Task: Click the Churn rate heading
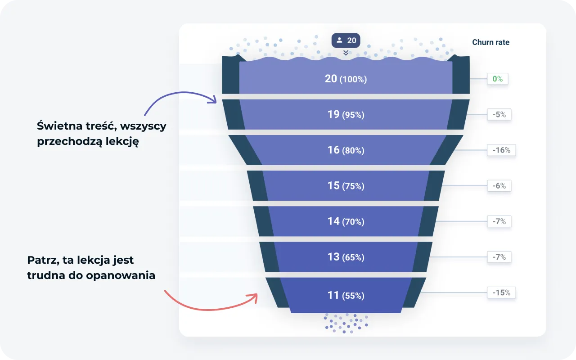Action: pos(490,42)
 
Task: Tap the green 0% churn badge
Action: pos(497,79)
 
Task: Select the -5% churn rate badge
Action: pos(499,114)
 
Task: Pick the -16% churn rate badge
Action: pos(501,150)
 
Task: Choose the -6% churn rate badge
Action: pos(499,185)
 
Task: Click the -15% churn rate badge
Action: pos(501,292)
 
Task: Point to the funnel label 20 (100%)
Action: pos(346,79)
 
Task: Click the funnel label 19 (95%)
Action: pos(346,114)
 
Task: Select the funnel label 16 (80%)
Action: pos(346,150)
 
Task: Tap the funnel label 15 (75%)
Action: pos(346,185)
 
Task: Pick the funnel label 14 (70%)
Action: pos(346,221)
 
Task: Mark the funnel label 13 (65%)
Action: pos(346,257)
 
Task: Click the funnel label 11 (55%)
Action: pos(346,296)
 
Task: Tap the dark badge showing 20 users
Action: pos(346,40)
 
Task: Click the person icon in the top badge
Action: pos(340,40)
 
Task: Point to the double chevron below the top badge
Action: pos(346,53)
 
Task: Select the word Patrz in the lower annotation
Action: pos(41,260)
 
